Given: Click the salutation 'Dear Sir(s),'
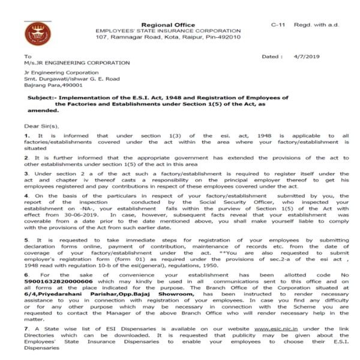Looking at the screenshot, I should click(x=42, y=126).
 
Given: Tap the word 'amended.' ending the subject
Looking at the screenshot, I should click(x=41, y=110).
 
